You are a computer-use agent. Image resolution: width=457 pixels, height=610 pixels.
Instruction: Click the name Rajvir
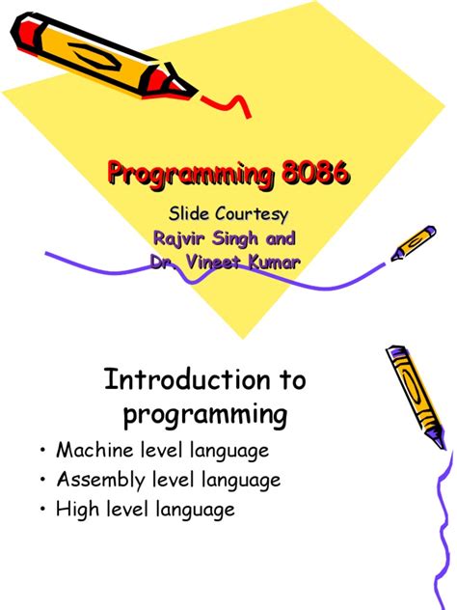pos(180,238)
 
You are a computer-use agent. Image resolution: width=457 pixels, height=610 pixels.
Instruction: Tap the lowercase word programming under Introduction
pos(204,415)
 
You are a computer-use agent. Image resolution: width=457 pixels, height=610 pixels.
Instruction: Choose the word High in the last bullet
pos(77,510)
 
